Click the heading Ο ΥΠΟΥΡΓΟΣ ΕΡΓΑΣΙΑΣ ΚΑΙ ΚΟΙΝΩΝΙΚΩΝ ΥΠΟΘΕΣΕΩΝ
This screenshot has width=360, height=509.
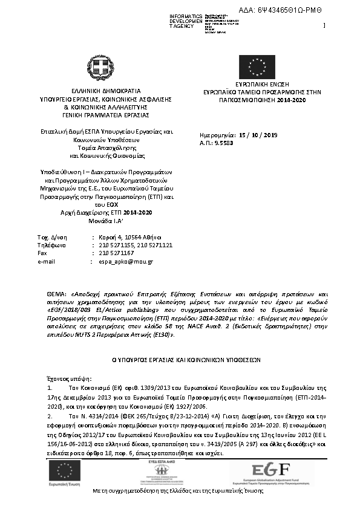click(180, 358)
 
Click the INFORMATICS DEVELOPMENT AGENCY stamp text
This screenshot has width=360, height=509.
click(186, 21)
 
